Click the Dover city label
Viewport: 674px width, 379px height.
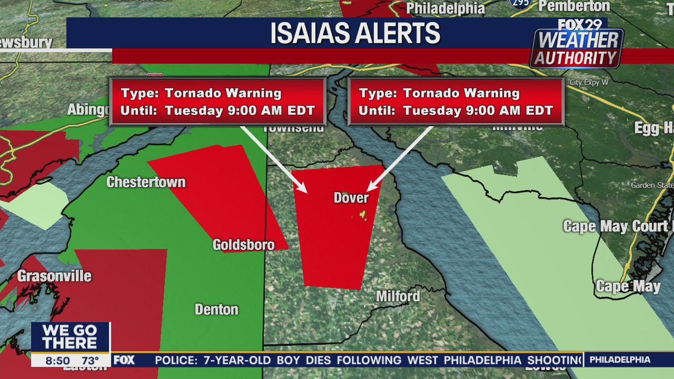(351, 198)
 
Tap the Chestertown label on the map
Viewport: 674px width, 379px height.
(146, 182)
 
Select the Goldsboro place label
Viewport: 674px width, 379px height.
(243, 245)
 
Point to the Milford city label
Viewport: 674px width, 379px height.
(398, 296)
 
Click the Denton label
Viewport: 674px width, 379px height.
(216, 310)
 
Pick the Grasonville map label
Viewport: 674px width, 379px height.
(54, 276)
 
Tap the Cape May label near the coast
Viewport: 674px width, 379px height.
(628, 286)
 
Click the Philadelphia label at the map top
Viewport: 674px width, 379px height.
(445, 8)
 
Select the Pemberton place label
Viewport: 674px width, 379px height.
(574, 6)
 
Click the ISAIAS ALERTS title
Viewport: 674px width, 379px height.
(355, 33)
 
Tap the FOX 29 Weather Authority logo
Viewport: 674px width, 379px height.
(578, 45)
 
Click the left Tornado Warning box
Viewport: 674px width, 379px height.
(217, 102)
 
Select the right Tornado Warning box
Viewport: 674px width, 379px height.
(455, 102)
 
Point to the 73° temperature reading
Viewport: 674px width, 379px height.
(90, 361)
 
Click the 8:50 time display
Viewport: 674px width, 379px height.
(57, 361)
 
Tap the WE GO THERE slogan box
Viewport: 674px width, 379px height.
(70, 337)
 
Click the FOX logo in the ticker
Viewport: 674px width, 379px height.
(124, 360)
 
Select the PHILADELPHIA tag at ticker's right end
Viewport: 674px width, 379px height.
(620, 360)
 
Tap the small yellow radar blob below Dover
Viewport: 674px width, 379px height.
(362, 215)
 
